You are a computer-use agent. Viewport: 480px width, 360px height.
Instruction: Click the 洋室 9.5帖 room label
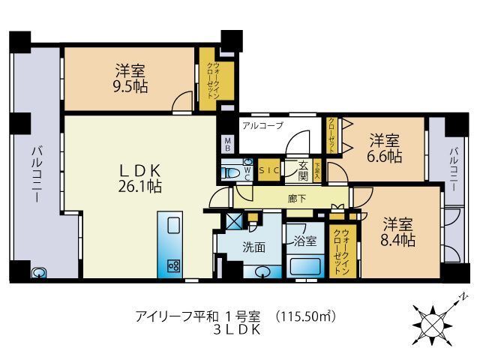click(130, 78)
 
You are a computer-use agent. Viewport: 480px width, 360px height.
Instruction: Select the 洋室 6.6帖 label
click(385, 148)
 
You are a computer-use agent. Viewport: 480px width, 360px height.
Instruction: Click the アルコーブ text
click(262, 126)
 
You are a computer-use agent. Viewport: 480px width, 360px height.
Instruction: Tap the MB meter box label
click(227, 143)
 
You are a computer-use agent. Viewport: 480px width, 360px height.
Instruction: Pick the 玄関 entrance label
click(303, 171)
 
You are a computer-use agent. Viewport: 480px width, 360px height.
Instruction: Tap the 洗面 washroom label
click(253, 246)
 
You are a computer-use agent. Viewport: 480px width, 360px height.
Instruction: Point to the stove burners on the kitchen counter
click(172, 265)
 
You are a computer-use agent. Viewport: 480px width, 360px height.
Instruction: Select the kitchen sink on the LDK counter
click(172, 226)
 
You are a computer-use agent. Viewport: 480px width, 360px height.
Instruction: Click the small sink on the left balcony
click(37, 274)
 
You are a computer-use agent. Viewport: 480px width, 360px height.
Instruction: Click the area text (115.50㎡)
click(307, 316)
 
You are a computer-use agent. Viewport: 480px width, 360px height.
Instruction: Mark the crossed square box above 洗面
click(233, 221)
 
